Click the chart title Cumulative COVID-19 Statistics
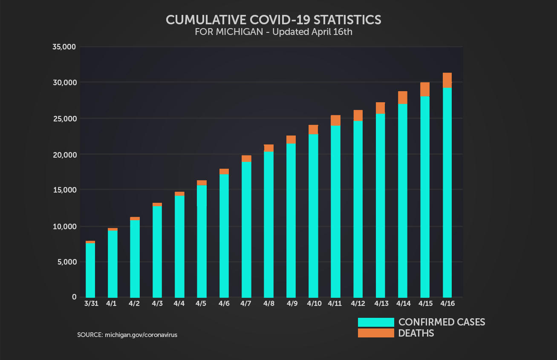[x=273, y=20]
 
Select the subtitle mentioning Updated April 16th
[x=273, y=32]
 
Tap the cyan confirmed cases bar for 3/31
[x=90, y=270]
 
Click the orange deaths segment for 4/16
[x=447, y=80]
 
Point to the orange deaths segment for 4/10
[x=313, y=130]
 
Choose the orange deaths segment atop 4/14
[x=402, y=98]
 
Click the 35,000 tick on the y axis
[x=64, y=47]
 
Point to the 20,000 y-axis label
[x=64, y=155]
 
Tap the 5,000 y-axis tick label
[x=66, y=262]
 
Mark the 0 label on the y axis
[x=74, y=297]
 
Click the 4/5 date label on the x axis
[x=201, y=304]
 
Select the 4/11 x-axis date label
[x=335, y=304]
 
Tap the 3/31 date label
[x=90, y=304]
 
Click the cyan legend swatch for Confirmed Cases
[x=376, y=322]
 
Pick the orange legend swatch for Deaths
[x=376, y=333]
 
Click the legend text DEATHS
[x=416, y=333]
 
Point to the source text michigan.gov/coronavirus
[x=127, y=335]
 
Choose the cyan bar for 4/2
[x=135, y=259]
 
